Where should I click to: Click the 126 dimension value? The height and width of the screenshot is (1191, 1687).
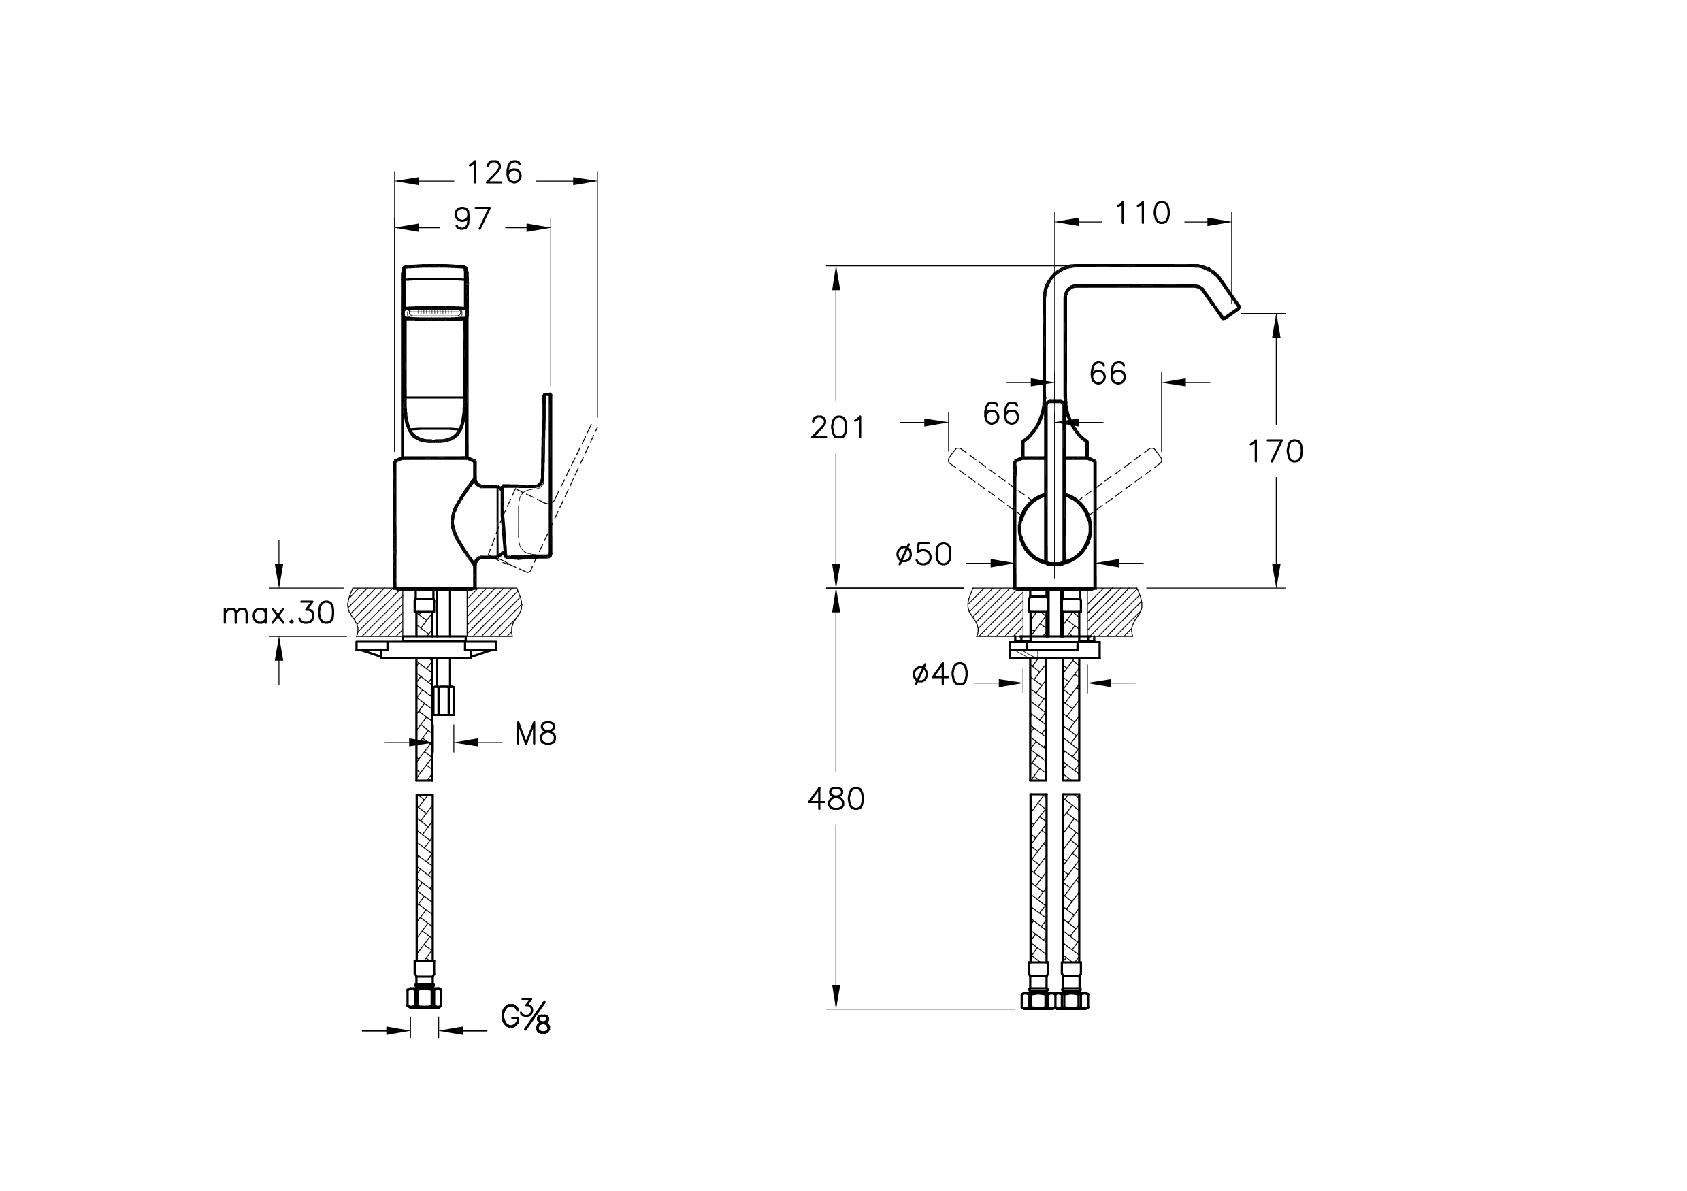[495, 174]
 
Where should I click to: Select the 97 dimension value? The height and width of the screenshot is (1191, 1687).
[472, 219]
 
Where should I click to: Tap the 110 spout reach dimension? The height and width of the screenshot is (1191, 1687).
[1143, 214]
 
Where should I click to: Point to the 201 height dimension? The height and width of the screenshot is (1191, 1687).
[838, 427]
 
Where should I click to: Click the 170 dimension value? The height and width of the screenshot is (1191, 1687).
[1275, 452]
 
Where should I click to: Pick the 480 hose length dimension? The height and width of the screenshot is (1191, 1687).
[836, 799]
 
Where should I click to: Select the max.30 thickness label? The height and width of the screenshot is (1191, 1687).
[278, 613]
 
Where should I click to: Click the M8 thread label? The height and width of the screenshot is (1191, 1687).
[536, 734]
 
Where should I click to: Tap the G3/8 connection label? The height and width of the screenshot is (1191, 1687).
[525, 1018]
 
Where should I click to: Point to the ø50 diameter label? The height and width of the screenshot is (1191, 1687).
[923, 555]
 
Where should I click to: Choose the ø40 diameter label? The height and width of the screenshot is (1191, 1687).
[940, 674]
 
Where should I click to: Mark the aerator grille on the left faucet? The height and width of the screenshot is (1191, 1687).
[434, 314]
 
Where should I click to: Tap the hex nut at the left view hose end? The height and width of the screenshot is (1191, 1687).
[425, 998]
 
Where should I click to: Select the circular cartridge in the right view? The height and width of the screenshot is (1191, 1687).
[1054, 529]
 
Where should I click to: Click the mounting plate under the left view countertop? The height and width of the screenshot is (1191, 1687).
[426, 649]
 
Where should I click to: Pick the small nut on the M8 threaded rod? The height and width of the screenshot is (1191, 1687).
[444, 700]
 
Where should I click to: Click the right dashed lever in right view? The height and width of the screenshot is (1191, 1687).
[1128, 477]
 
